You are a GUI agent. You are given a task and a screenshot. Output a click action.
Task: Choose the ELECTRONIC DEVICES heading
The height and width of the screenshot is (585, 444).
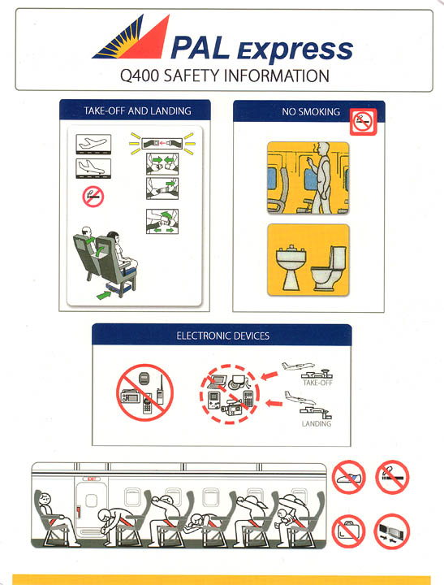point(222,335)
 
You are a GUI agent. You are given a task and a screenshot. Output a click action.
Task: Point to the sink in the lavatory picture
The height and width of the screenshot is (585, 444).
point(288,262)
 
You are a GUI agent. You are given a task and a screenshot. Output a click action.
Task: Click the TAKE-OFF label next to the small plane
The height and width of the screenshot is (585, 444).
point(317,382)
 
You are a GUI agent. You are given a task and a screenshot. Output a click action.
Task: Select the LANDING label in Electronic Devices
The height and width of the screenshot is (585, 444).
point(316,424)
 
